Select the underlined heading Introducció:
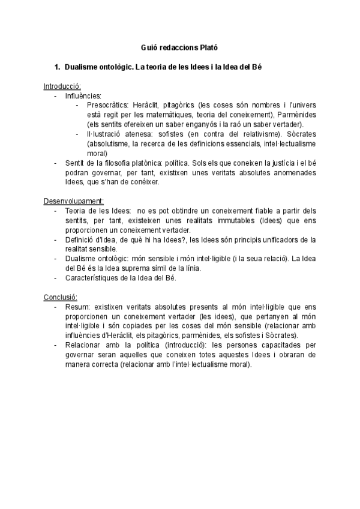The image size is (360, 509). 62,86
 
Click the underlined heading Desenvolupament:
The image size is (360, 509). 73,200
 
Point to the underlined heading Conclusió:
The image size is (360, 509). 61,297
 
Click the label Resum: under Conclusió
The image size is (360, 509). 77,306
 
